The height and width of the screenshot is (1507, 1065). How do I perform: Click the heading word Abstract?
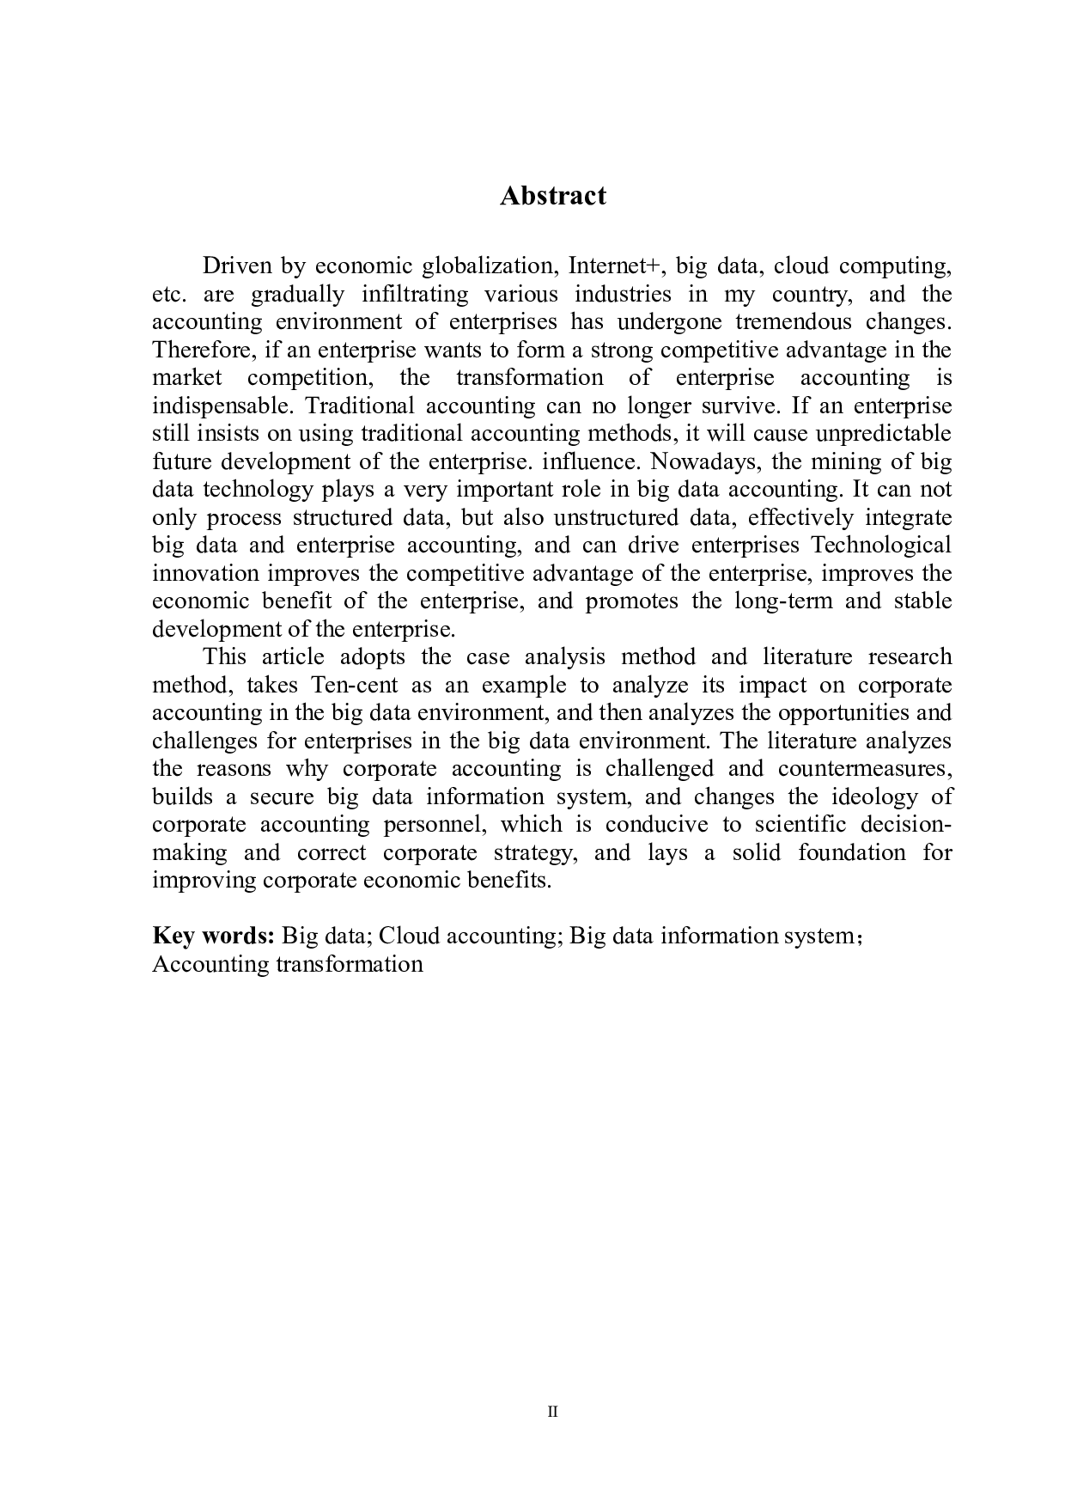(x=552, y=196)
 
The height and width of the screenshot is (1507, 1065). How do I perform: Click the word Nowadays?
(x=702, y=461)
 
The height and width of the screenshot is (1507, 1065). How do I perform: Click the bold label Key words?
(x=213, y=935)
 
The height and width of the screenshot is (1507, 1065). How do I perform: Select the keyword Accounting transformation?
(x=288, y=963)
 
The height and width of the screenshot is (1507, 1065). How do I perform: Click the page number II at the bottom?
(x=552, y=1411)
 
